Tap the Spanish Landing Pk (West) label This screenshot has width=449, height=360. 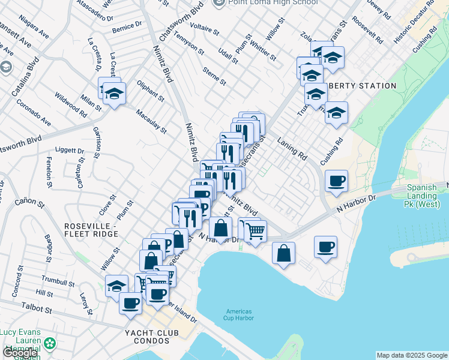(x=425, y=196)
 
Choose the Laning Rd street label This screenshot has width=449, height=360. (x=292, y=148)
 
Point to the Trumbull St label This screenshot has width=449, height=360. (x=58, y=281)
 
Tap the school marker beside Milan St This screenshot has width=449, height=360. (x=113, y=94)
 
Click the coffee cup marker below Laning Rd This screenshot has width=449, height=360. (x=337, y=180)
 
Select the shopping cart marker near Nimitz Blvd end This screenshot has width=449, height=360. (x=256, y=229)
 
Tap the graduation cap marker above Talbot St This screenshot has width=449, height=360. (x=116, y=284)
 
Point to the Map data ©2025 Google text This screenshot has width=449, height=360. (x=412, y=355)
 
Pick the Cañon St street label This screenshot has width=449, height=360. (x=34, y=205)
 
